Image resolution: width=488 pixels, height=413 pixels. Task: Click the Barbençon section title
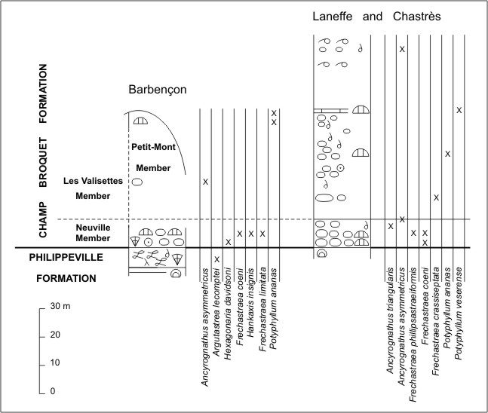pyautogui.click(x=158, y=90)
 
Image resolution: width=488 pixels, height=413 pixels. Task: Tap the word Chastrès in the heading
pyautogui.click(x=416, y=16)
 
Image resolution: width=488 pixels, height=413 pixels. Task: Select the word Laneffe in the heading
pyautogui.click(x=332, y=16)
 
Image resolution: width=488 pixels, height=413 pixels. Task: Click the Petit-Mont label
pyautogui.click(x=153, y=147)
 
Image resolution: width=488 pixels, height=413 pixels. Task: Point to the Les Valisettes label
pyautogui.click(x=93, y=181)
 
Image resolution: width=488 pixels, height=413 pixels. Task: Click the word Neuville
pyautogui.click(x=93, y=228)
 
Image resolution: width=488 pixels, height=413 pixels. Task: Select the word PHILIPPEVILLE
pyautogui.click(x=66, y=257)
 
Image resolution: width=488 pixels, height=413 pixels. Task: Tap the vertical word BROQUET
pyautogui.click(x=43, y=163)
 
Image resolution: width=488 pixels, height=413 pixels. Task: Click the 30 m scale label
pyautogui.click(x=60, y=306)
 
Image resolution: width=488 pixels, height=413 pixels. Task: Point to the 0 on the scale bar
pyautogui.click(x=53, y=391)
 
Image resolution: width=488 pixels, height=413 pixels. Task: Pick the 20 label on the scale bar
pyautogui.click(x=55, y=335)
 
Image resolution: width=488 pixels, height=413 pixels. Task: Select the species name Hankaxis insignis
pyautogui.click(x=250, y=303)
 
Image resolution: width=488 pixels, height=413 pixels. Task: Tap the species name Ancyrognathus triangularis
pyautogui.click(x=390, y=320)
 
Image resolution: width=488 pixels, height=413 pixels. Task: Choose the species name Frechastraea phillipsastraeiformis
pyautogui.click(x=413, y=335)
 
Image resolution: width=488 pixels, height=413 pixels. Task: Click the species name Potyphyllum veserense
pyautogui.click(x=458, y=314)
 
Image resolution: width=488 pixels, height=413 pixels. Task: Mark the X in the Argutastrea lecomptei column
pyautogui.click(x=217, y=259)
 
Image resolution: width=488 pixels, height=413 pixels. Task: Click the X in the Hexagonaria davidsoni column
pyautogui.click(x=228, y=242)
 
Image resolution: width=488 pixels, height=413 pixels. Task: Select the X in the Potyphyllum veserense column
pyautogui.click(x=459, y=110)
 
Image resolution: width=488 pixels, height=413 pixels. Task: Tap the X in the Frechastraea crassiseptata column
pyautogui.click(x=437, y=197)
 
